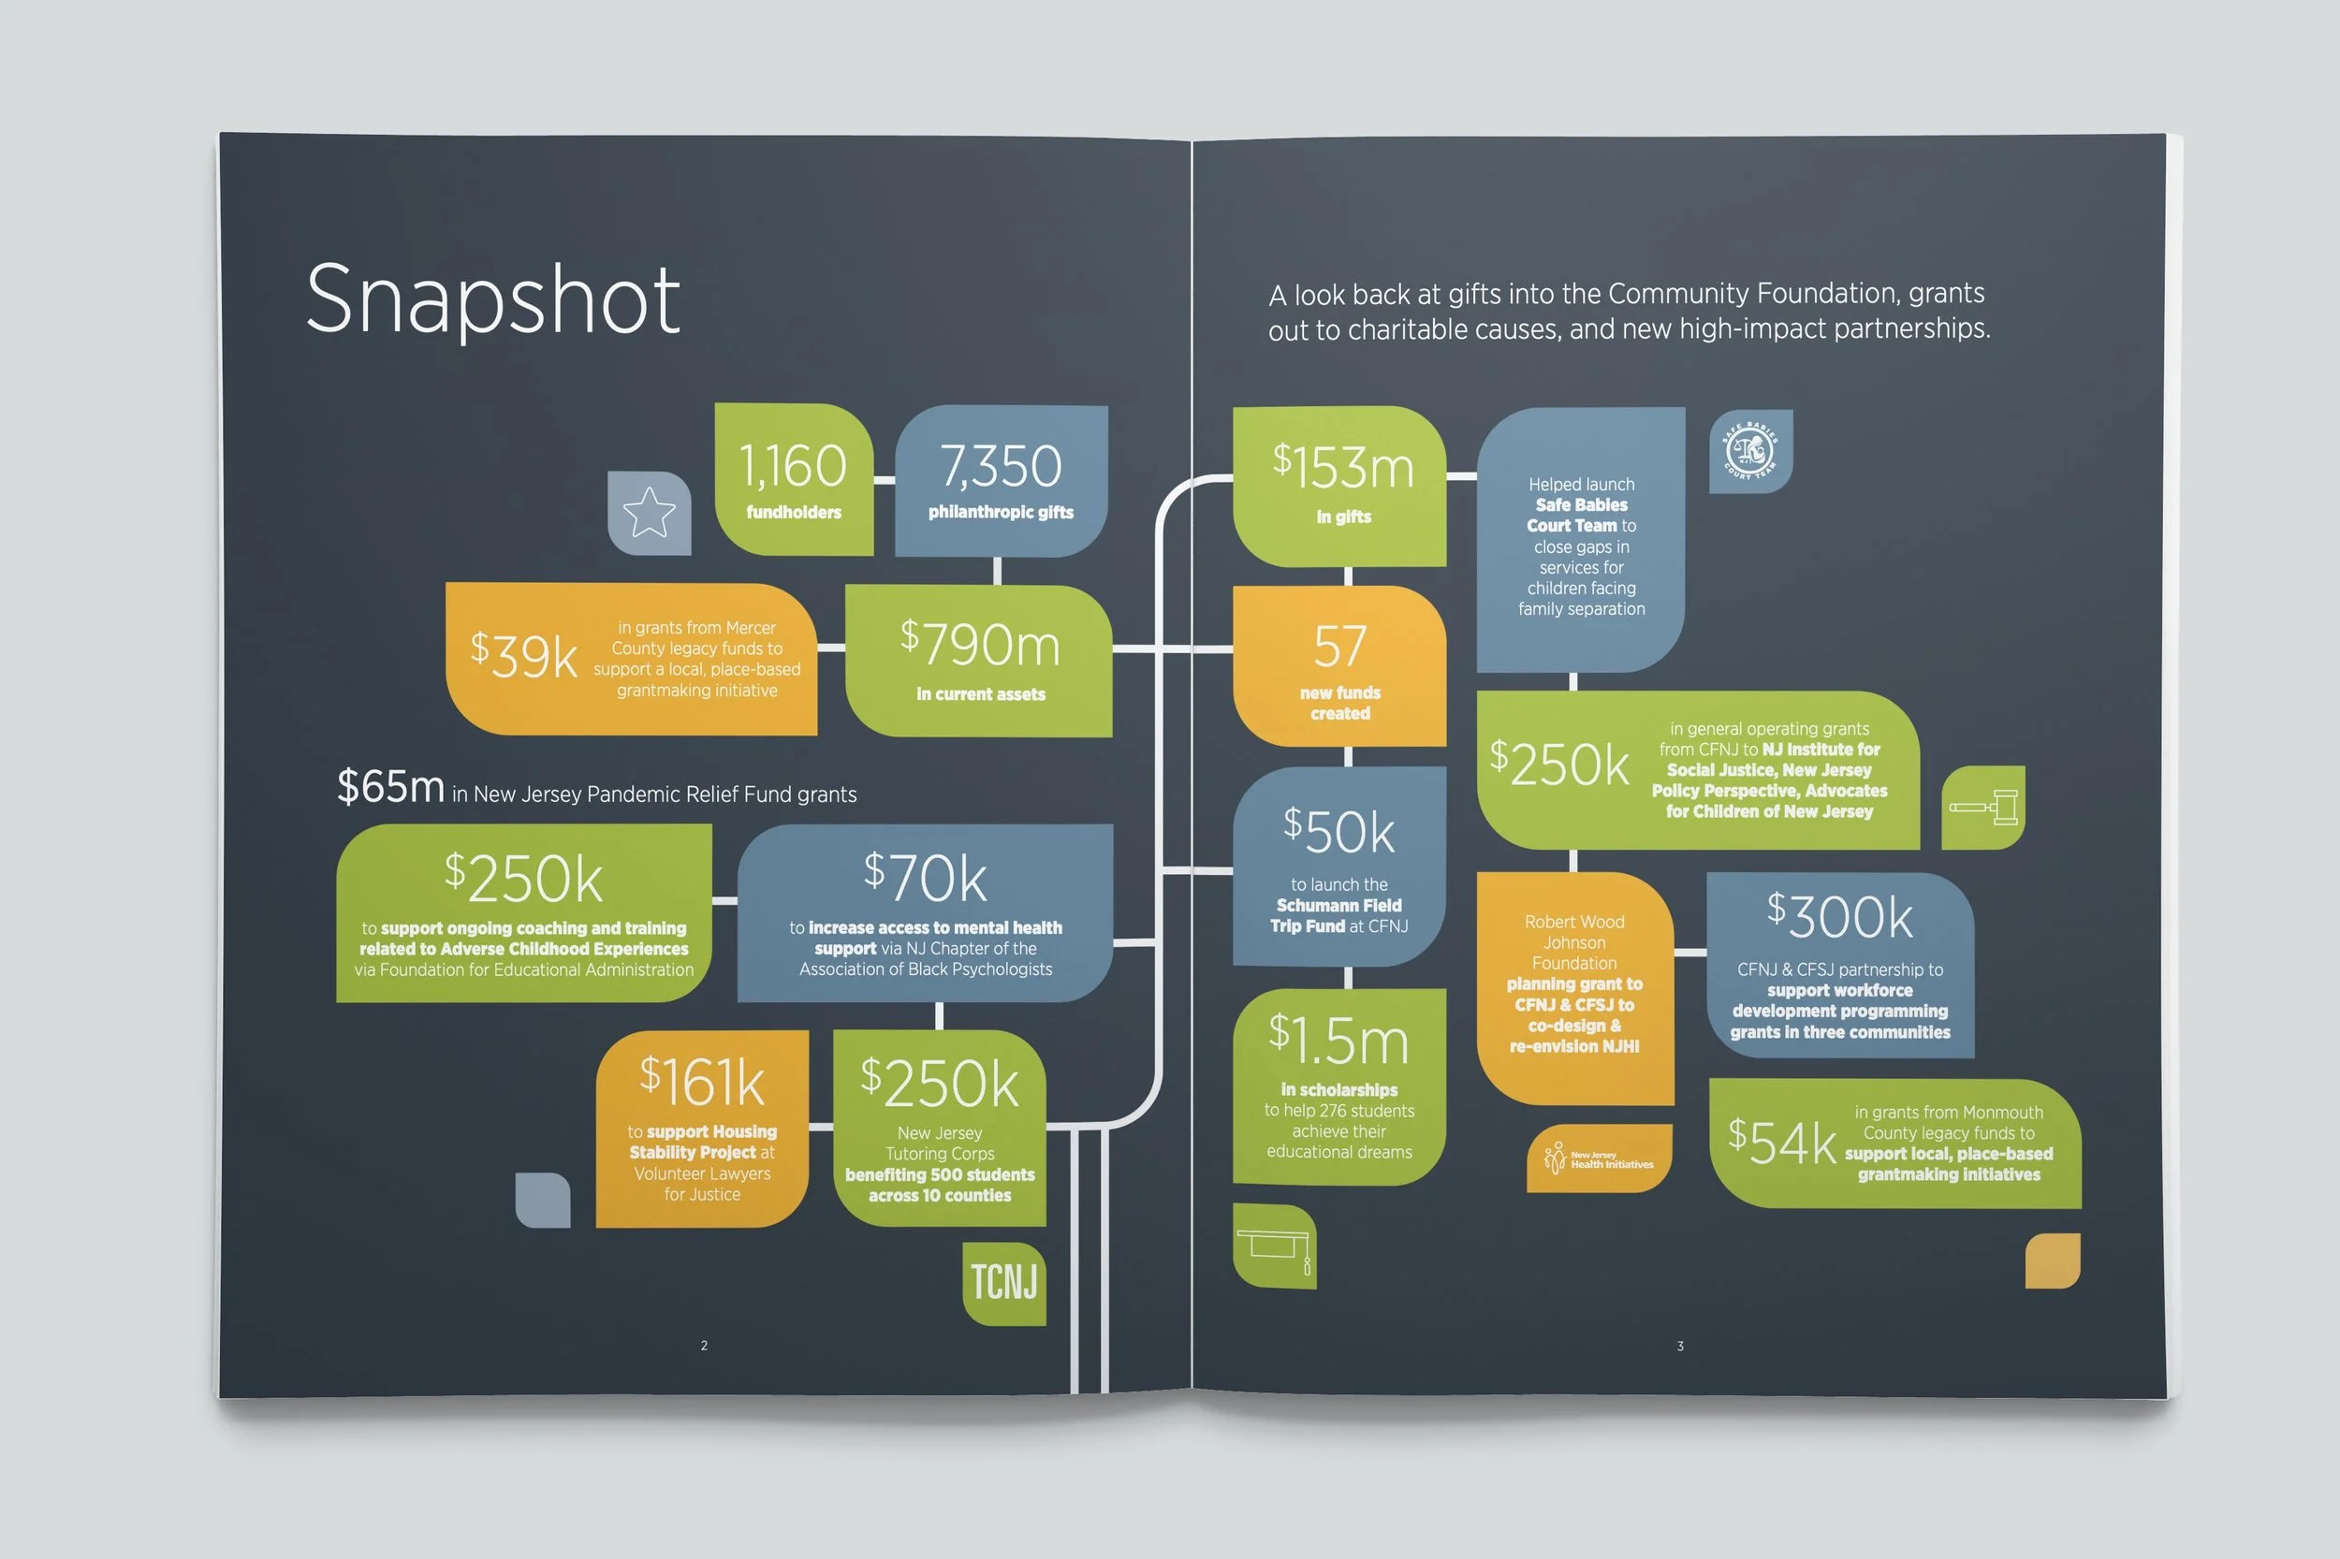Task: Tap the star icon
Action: (x=649, y=512)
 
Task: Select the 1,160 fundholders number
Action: (x=793, y=465)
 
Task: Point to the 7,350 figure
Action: (x=1001, y=465)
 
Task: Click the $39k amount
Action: (x=523, y=654)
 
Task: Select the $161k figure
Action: (x=702, y=1081)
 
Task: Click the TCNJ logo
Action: (x=1003, y=1282)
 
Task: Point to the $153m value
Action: (x=1342, y=466)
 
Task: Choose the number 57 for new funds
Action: (x=1339, y=647)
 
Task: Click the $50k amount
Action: (x=1338, y=830)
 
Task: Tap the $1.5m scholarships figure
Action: (x=1338, y=1039)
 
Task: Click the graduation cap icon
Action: (x=1274, y=1246)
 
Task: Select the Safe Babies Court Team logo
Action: (x=1750, y=451)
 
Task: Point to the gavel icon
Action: (x=1983, y=807)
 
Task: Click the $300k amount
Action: (x=1840, y=916)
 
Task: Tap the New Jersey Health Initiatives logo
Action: (x=1599, y=1158)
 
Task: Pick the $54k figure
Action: (x=1781, y=1142)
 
